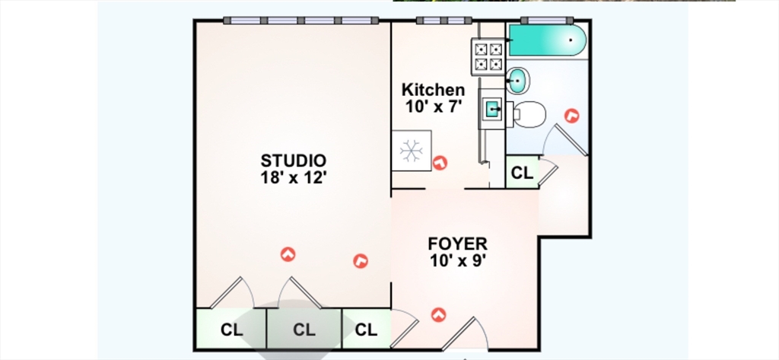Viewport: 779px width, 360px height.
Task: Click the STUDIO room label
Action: tap(294, 161)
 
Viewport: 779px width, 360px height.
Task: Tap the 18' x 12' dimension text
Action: tap(294, 177)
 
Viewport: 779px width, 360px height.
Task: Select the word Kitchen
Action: tap(433, 90)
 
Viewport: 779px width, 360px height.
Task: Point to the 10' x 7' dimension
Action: tap(434, 107)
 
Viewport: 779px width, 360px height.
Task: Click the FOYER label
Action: tap(457, 244)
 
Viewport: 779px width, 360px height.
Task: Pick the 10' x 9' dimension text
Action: tap(457, 260)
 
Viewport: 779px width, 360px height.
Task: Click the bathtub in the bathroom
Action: tap(546, 40)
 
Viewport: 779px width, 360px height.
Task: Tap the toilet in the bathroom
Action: tap(529, 114)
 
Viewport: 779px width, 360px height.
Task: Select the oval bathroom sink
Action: tap(517, 80)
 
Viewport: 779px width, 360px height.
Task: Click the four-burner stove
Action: tap(488, 56)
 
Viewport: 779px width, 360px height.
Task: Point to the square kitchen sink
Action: tap(493, 108)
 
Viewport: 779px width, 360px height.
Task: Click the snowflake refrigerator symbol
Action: tap(412, 151)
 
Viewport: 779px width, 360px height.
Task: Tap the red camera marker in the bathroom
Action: tap(572, 116)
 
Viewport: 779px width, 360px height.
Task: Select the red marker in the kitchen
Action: tap(440, 163)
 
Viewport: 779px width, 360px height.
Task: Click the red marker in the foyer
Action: tap(438, 315)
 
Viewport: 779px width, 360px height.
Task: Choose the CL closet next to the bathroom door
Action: tap(522, 173)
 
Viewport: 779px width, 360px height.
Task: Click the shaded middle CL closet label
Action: tap(304, 330)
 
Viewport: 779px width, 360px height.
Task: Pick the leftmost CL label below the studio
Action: tap(231, 330)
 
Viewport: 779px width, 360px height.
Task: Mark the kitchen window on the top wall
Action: tap(444, 21)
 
